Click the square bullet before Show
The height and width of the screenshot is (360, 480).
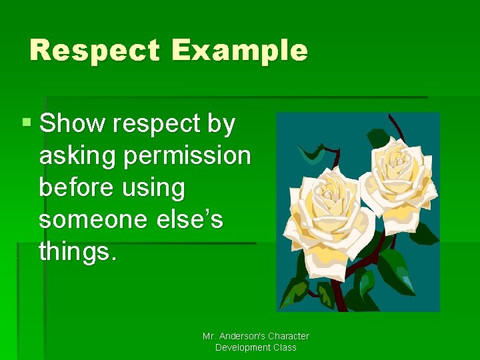coord(27,123)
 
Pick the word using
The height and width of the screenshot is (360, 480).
coord(154,188)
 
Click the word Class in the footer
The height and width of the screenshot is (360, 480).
coord(283,347)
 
